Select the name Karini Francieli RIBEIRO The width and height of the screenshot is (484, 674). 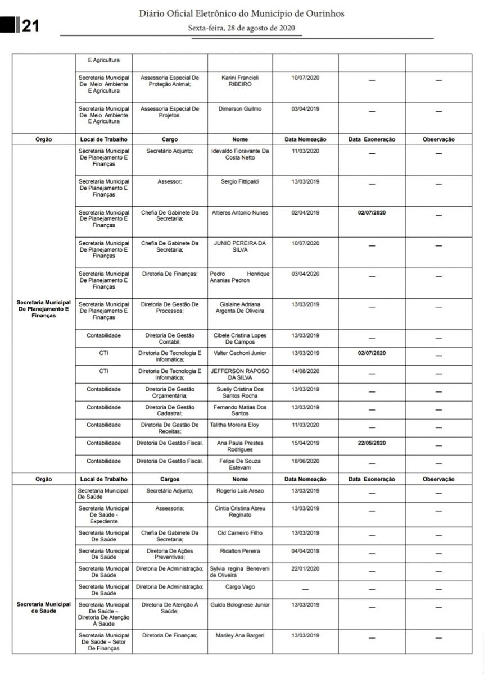click(239, 80)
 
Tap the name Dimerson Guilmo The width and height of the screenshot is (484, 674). click(239, 108)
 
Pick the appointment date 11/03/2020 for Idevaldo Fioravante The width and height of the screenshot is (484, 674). click(305, 151)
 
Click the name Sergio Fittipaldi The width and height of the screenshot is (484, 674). click(239, 181)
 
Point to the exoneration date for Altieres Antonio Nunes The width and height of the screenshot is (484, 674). click(372, 212)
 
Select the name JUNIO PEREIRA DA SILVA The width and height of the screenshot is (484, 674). click(239, 247)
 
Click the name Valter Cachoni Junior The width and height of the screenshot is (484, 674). click(239, 353)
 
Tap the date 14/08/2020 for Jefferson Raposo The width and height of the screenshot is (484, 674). click(305, 371)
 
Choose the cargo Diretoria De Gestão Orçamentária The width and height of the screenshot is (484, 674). click(170, 392)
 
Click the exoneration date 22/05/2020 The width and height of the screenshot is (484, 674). click(372, 443)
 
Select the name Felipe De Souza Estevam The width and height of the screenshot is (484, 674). click(239, 464)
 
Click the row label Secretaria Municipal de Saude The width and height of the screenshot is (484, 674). click(43, 607)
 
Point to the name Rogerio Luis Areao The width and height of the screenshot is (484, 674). click(239, 490)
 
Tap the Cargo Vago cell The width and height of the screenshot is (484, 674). click(239, 586)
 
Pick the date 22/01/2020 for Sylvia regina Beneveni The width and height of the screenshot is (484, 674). click(305, 568)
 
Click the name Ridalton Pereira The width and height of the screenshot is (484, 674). click(239, 550)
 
